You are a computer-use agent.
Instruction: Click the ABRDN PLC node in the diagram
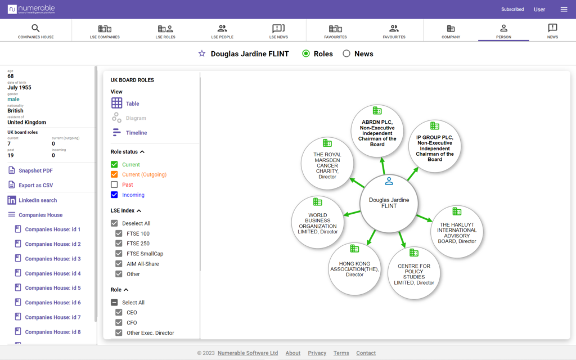coord(377,131)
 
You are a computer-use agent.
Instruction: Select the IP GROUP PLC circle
coord(435,146)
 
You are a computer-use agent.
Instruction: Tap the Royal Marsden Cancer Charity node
coord(327,164)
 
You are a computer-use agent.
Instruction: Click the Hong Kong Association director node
coord(354,269)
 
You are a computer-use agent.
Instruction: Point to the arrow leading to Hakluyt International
coord(424,218)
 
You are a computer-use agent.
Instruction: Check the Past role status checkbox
coord(114,184)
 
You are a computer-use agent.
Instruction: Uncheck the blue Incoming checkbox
coord(114,195)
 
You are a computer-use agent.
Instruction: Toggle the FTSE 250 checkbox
coord(119,243)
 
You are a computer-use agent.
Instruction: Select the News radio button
coord(346,53)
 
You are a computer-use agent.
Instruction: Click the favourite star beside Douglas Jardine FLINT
coord(202,53)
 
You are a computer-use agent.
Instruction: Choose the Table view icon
coord(116,103)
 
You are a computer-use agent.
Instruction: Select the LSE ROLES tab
coord(165,31)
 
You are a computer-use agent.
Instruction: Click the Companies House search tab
coord(35,31)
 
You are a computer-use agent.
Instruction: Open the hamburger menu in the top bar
coord(564,9)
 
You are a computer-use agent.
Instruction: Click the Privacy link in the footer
coord(317,353)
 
